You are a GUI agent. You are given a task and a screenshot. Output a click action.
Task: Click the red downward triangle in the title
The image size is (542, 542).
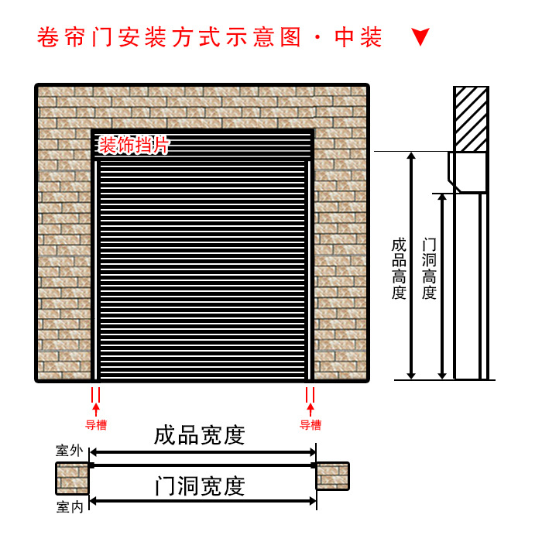click(x=420, y=37)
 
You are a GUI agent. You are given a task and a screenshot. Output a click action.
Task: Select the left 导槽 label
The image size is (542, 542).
click(x=96, y=424)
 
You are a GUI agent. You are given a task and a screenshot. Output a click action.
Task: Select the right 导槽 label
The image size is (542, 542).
click(x=310, y=424)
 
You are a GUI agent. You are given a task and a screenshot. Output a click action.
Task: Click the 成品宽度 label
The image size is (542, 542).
click(x=199, y=435)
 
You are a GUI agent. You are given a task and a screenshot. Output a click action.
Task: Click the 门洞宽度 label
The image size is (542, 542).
click(x=199, y=486)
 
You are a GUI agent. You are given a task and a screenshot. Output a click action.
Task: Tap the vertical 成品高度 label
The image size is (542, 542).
click(x=399, y=268)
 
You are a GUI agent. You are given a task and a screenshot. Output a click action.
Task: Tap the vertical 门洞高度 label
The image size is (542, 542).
click(x=429, y=268)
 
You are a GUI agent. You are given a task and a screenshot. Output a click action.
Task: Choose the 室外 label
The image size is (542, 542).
click(x=68, y=450)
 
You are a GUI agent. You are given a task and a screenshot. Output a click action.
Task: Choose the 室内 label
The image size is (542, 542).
click(x=68, y=507)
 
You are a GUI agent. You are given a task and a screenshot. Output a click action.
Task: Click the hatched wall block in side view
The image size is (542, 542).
click(x=471, y=118)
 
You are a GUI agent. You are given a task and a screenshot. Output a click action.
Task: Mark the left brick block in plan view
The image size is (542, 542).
click(x=72, y=478)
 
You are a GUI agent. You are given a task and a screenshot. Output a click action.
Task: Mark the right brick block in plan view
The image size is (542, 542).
click(x=333, y=476)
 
